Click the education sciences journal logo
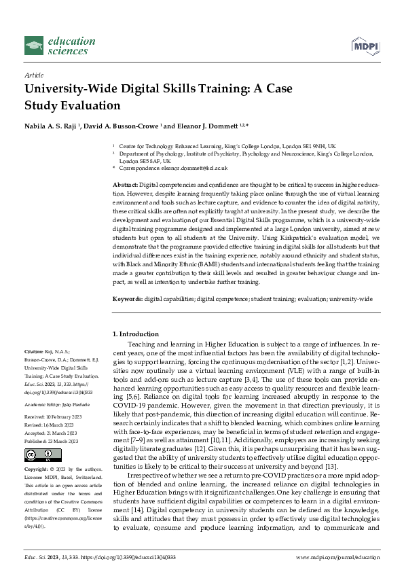coord(57,46)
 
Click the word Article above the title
coord(34,76)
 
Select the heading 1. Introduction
coord(134,334)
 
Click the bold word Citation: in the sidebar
coord(37,352)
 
